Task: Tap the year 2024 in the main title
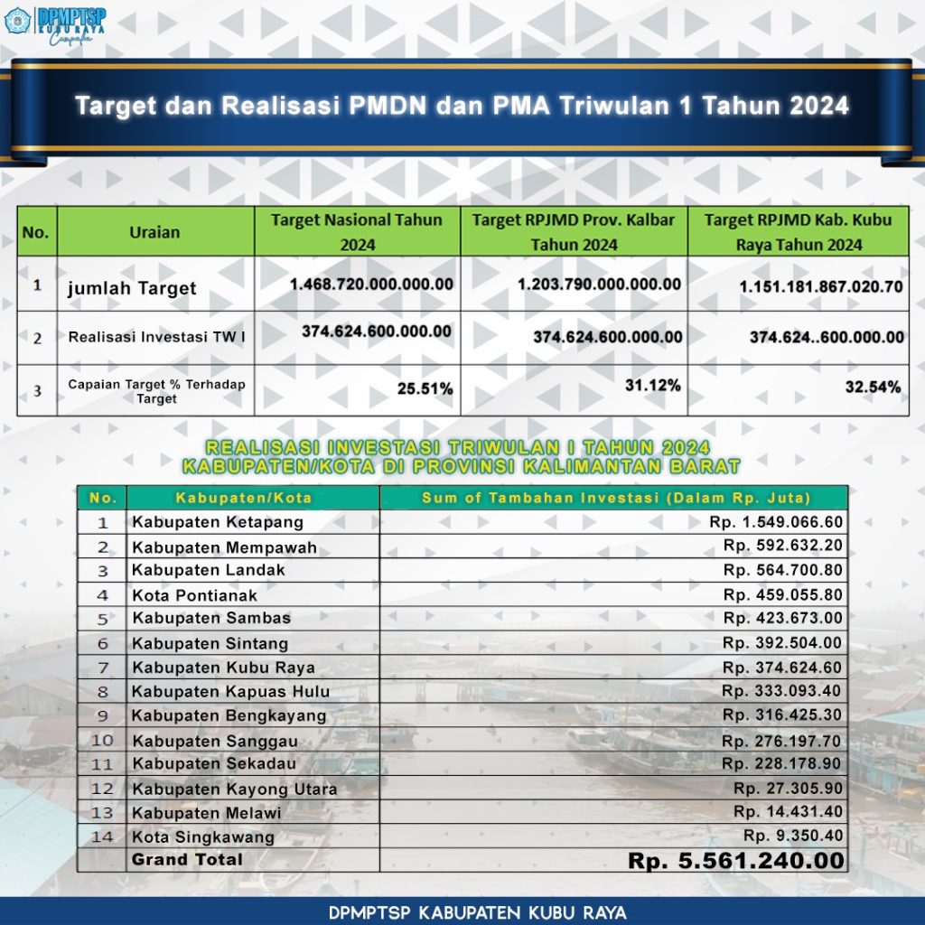click(x=819, y=106)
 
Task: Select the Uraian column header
click(x=154, y=232)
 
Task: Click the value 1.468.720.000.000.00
click(x=371, y=284)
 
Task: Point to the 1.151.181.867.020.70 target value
click(x=820, y=288)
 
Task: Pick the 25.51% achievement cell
click(x=425, y=388)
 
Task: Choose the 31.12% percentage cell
click(x=653, y=385)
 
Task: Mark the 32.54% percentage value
click(x=874, y=388)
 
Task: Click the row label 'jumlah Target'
click(x=132, y=288)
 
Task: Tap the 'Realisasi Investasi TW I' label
click(x=157, y=337)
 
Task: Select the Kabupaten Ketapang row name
click(x=218, y=522)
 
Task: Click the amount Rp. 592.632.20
click(x=782, y=546)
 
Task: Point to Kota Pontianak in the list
click(x=194, y=595)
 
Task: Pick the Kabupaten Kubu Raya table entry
click(x=223, y=668)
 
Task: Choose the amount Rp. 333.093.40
click(x=782, y=690)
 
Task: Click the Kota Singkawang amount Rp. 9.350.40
click(x=793, y=836)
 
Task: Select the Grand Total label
click(x=187, y=859)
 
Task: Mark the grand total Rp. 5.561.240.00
click(x=736, y=861)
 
